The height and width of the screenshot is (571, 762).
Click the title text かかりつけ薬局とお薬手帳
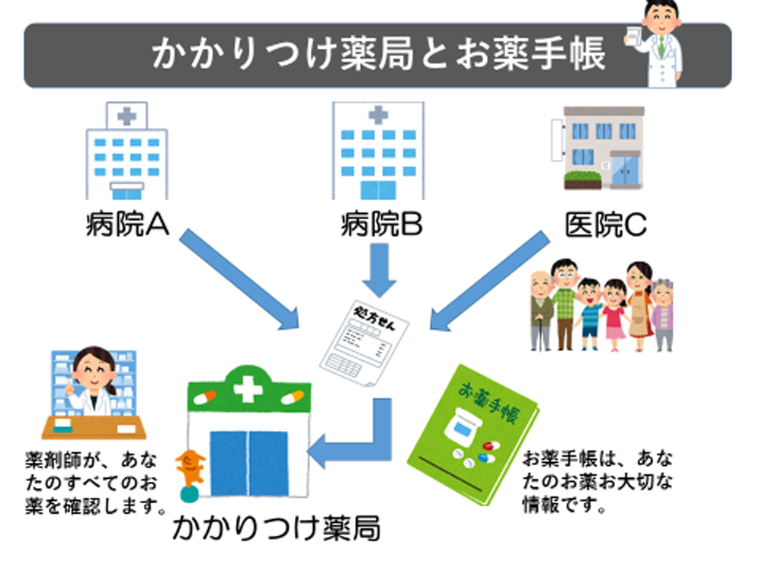click(379, 54)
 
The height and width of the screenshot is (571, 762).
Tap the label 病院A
click(126, 225)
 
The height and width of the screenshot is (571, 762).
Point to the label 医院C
click(605, 225)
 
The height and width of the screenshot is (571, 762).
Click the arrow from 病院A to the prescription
click(239, 279)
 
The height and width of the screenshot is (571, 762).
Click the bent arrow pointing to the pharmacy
click(358, 442)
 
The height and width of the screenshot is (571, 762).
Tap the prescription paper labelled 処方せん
click(363, 343)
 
